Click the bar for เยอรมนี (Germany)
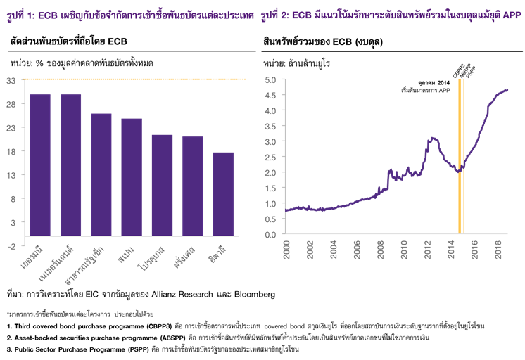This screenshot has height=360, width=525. pyautogui.click(x=39, y=169)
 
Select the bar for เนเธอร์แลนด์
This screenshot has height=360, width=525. pyautogui.click(x=70, y=169)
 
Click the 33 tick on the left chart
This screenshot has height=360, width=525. pyautogui.click(x=11, y=80)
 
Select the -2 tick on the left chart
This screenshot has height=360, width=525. pyautogui.click(x=11, y=245)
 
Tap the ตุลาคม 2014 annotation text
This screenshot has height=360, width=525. pyautogui.click(x=434, y=83)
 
